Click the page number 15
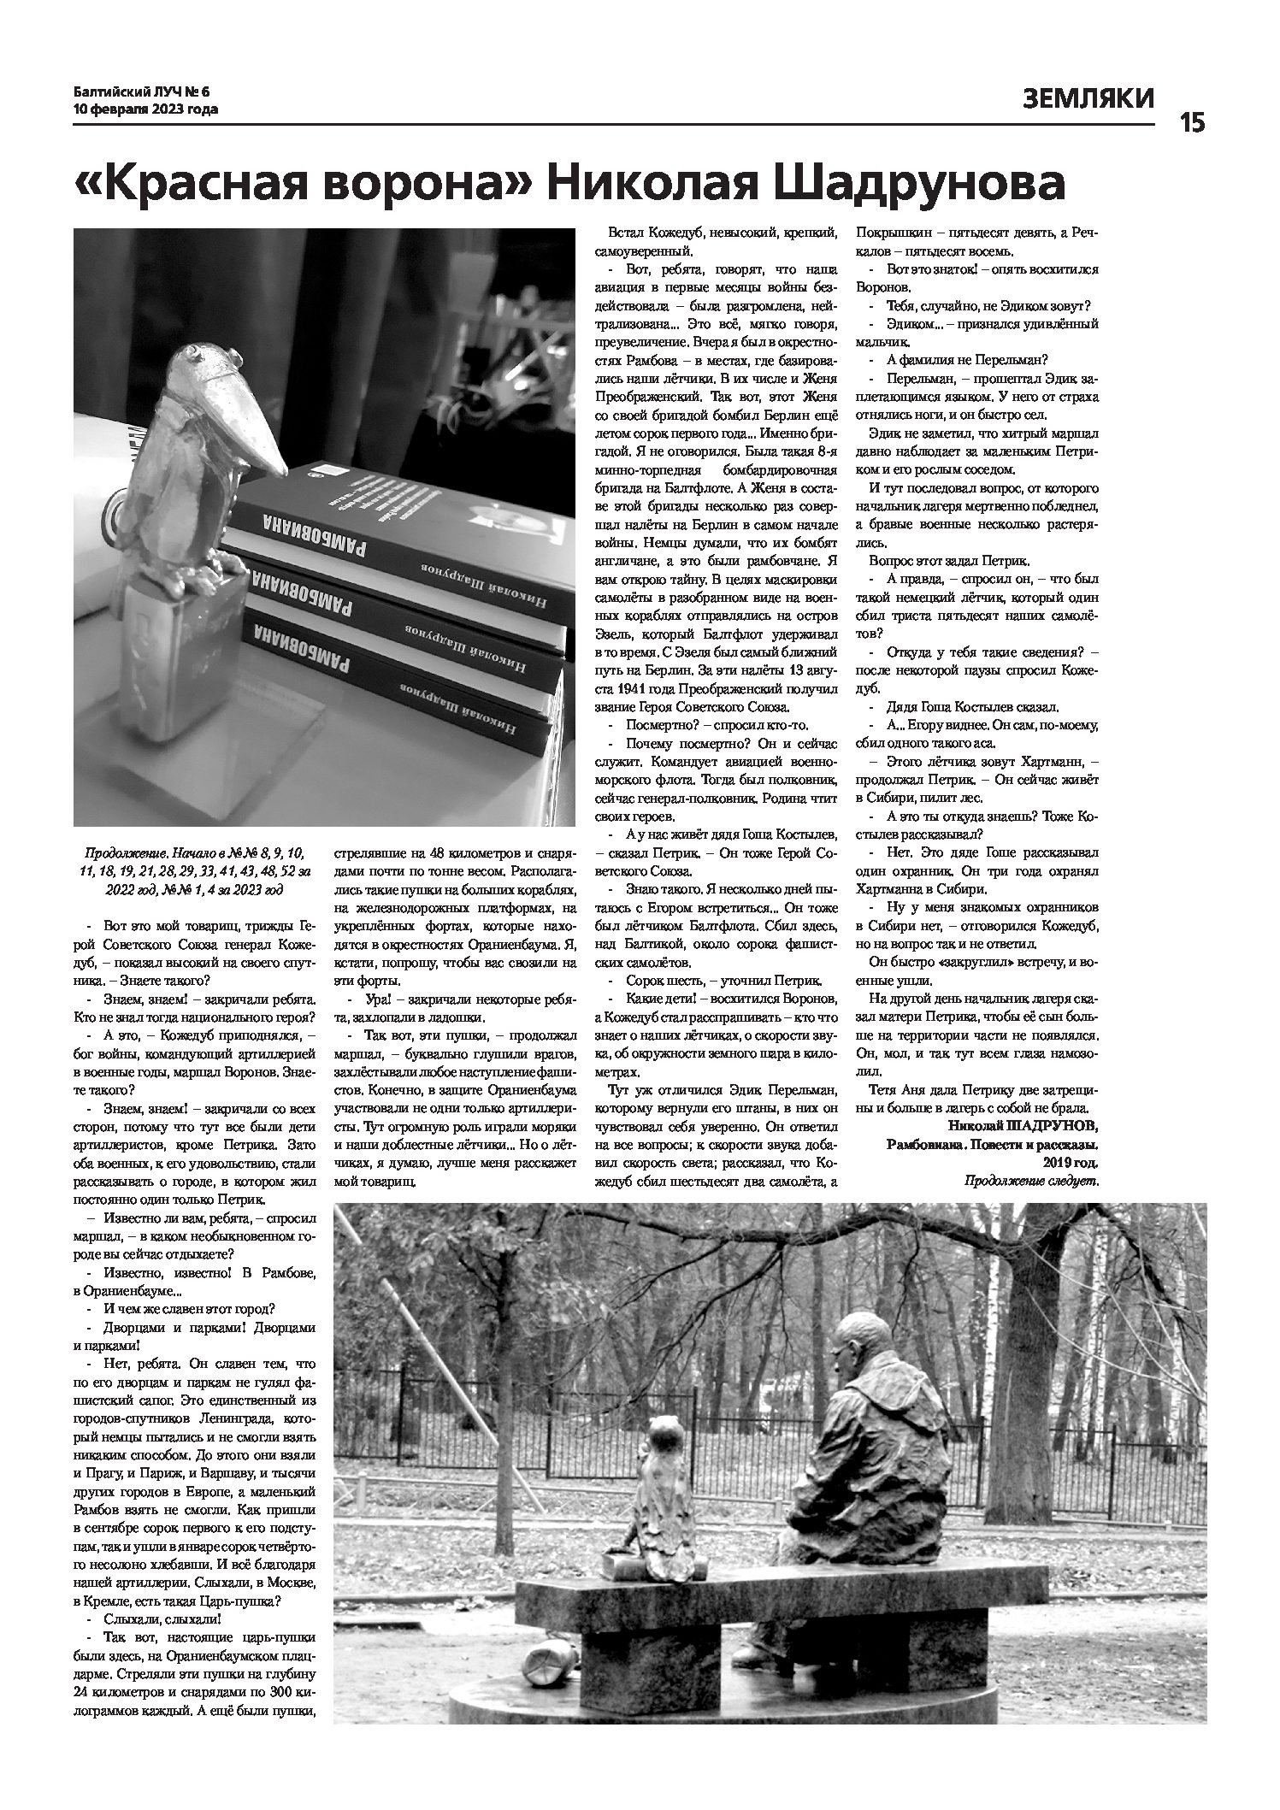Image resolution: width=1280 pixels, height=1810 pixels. pos(1193,123)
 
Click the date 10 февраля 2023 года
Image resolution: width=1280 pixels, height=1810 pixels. pos(145,109)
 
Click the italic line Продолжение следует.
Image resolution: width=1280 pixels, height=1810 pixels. pos(1030,1181)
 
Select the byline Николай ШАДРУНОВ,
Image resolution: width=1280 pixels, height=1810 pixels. pos(1023,1124)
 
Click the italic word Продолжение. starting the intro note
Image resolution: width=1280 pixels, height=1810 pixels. pos(127,853)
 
